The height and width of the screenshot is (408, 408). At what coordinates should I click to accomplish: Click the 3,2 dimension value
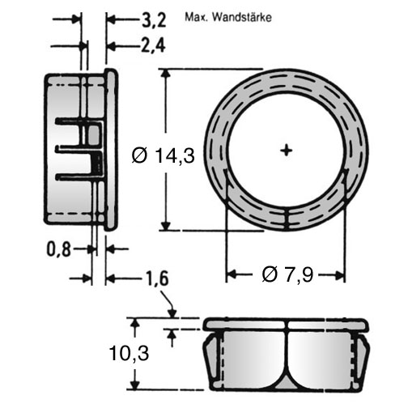[154, 20]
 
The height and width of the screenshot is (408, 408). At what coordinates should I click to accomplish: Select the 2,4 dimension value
[153, 45]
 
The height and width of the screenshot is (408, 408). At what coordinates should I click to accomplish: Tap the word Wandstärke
[242, 18]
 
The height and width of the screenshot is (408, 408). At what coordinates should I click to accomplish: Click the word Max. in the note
[197, 18]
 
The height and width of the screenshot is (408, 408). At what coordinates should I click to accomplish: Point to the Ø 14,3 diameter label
[164, 155]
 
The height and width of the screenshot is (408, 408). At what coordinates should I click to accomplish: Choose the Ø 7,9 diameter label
[287, 275]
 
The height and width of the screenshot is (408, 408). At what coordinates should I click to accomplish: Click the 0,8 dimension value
[58, 249]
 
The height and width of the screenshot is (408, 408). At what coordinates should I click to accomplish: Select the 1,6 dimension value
[156, 278]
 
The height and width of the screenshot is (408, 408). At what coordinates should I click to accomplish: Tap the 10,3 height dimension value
[129, 354]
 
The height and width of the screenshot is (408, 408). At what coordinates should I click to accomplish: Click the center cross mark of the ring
[287, 151]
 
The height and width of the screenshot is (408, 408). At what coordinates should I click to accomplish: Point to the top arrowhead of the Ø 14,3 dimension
[166, 75]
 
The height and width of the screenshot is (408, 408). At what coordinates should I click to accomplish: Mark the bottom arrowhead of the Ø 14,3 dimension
[166, 224]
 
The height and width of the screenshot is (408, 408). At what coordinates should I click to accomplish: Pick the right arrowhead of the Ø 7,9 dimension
[339, 275]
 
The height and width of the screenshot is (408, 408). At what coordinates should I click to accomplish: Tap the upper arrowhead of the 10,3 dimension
[135, 324]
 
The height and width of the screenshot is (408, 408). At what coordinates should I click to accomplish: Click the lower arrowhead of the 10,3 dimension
[135, 384]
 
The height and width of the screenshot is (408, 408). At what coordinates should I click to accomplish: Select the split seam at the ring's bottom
[287, 219]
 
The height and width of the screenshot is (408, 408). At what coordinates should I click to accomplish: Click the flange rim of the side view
[111, 150]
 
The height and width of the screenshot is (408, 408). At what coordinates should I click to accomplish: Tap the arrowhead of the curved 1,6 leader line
[172, 313]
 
